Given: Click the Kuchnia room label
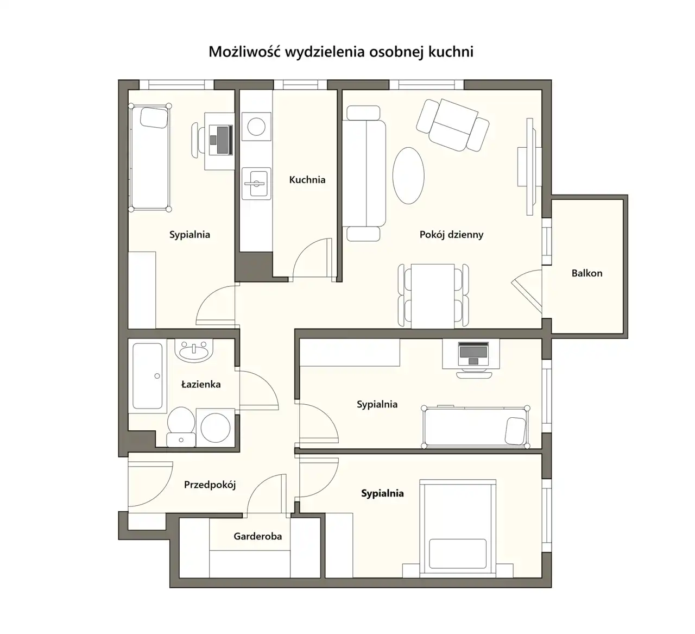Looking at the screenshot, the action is pyautogui.click(x=307, y=180).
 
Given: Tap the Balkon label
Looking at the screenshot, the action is pyautogui.click(x=587, y=273).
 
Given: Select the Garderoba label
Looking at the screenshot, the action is pyautogui.click(x=258, y=536).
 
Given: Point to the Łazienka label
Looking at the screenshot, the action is pyautogui.click(x=201, y=384).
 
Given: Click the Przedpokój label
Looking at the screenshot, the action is pyautogui.click(x=210, y=485).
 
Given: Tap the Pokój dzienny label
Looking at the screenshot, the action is pyautogui.click(x=451, y=235).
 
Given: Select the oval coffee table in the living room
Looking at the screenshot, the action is pyautogui.click(x=408, y=175).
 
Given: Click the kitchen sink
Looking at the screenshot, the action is pyautogui.click(x=256, y=184).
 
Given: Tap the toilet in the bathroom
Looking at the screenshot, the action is pyautogui.click(x=181, y=426).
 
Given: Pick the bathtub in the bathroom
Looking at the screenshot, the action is pyautogui.click(x=148, y=376).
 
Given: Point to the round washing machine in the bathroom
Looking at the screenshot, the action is pyautogui.click(x=216, y=428).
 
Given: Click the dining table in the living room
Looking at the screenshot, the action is pyautogui.click(x=433, y=296).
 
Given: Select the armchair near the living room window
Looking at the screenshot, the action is pyautogui.click(x=453, y=125).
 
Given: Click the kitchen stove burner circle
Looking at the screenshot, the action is pyautogui.click(x=256, y=127).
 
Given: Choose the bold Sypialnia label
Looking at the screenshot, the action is pyautogui.click(x=382, y=493).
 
